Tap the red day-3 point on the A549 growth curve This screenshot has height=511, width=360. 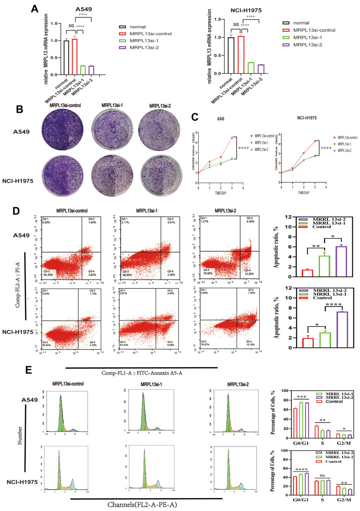[x=232, y=138]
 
